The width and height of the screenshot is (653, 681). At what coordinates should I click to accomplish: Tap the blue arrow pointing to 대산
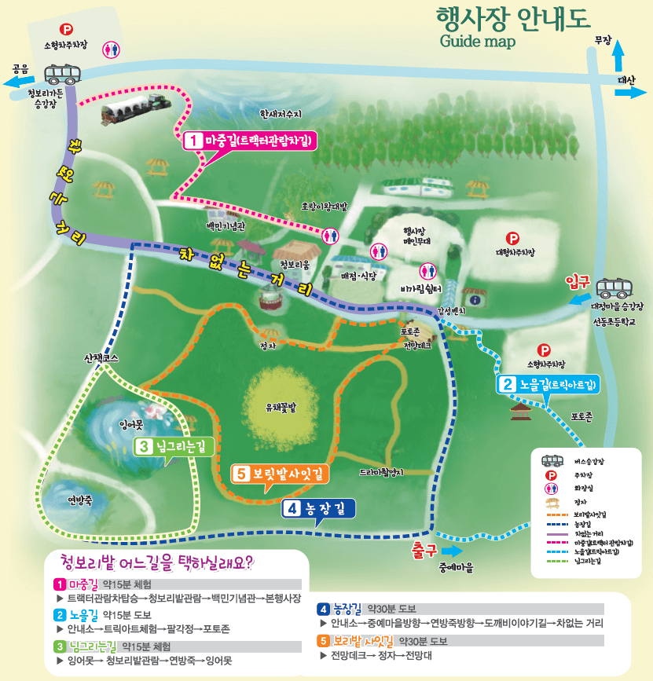[x=627, y=93]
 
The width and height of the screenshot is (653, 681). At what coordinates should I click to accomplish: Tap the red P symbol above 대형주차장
[x=513, y=237]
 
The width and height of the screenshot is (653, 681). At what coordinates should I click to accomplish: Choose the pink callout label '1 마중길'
[x=249, y=141]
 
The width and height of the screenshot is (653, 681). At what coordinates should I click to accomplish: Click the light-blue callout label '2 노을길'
[x=547, y=384]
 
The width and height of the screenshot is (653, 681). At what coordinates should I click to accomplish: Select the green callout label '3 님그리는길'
[x=174, y=447]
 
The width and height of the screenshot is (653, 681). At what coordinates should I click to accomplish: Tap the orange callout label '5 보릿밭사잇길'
[x=281, y=474]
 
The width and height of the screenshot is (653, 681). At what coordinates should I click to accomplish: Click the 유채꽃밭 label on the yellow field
[x=281, y=408]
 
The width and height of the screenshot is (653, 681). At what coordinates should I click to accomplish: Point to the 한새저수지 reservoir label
[x=281, y=113]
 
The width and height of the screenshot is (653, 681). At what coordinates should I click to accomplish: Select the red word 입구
[x=578, y=281]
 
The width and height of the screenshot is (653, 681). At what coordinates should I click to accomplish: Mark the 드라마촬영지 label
[x=380, y=473]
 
